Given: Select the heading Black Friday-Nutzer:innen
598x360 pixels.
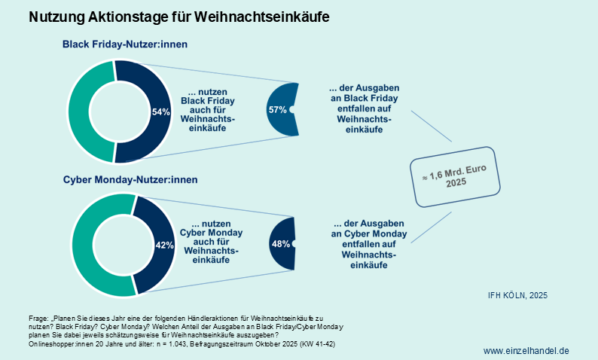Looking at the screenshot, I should pos(124,44).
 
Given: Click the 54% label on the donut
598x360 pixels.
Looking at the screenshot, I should pos(161,112).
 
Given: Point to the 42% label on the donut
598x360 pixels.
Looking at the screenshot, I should pos(164,245).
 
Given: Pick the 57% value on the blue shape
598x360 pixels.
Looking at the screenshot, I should pos(277,109).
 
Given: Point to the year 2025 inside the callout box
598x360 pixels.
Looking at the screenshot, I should pos(454,183).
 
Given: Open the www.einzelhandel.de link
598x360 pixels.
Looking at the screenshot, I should pos(526,350).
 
